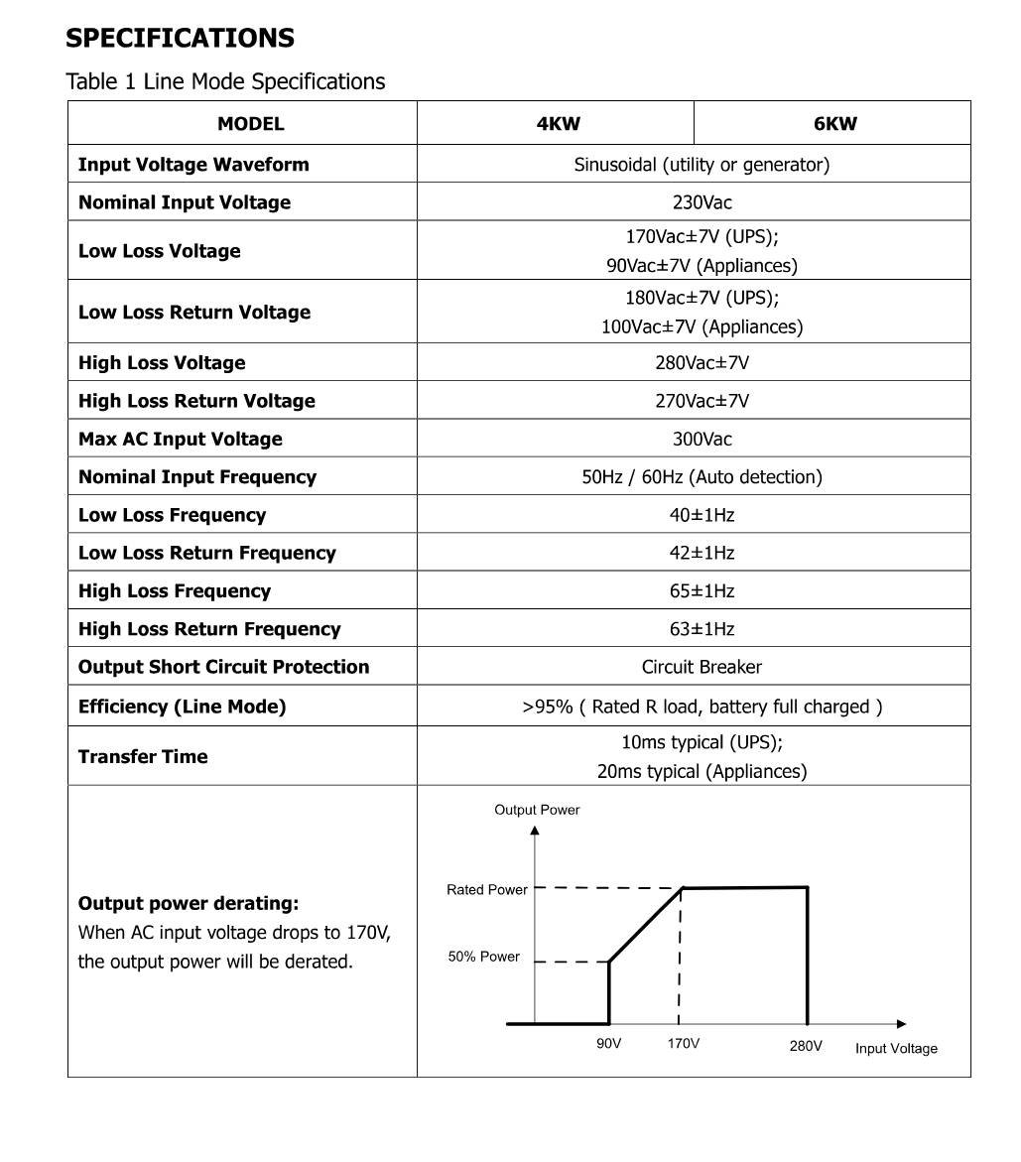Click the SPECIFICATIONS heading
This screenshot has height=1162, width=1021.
coord(180,39)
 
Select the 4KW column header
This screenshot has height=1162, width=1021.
coord(558,124)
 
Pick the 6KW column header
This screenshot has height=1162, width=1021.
coord(834,124)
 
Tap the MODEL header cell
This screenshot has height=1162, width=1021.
coord(250,124)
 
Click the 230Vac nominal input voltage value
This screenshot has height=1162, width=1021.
coord(702,202)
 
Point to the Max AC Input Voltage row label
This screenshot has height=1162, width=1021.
coord(180,439)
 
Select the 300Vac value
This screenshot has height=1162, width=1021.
coord(702,439)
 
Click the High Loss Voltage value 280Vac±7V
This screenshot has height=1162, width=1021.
coord(702,363)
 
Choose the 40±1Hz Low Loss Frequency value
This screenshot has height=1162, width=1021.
coord(702,515)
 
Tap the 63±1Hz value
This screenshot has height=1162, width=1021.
coord(702,629)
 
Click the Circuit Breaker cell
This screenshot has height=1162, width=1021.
coord(702,667)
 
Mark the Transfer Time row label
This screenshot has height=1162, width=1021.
coord(143,756)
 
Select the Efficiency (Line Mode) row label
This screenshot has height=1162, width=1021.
coord(182,707)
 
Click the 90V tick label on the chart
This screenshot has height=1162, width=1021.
coord(608,1044)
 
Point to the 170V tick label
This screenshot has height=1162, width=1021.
coord(683,1044)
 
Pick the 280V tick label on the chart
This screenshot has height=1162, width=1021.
coord(806,1045)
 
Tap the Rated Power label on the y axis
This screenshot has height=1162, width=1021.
coord(487,890)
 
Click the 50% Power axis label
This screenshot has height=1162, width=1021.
coord(484,957)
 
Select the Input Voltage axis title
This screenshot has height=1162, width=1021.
coord(896,1048)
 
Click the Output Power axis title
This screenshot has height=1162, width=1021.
coord(537,810)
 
